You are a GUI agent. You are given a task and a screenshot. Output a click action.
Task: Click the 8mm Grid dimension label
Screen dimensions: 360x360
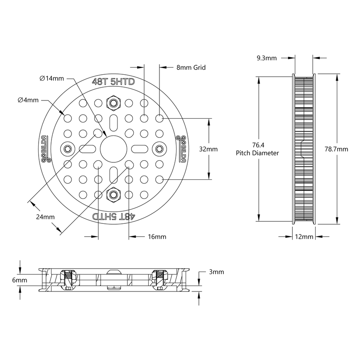(191, 67)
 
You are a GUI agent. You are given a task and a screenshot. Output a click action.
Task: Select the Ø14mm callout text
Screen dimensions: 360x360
(52, 78)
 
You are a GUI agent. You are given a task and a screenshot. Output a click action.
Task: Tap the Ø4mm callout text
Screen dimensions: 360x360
(28, 100)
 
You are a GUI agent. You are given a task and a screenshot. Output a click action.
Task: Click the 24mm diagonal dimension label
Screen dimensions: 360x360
(45, 217)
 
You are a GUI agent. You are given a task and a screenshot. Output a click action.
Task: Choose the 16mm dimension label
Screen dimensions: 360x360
(157, 237)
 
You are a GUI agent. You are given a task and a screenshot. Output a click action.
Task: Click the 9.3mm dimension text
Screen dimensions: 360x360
(266, 58)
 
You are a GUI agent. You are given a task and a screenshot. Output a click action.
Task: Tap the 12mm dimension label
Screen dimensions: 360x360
(304, 237)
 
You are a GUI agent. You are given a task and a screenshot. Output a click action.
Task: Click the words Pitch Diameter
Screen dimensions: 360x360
(257, 153)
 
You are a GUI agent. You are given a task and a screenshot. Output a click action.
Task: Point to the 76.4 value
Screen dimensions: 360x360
(257, 145)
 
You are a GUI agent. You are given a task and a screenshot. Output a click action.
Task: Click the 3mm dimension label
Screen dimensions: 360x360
(216, 272)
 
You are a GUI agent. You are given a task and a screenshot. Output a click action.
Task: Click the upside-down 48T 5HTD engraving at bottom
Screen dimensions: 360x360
(113, 216)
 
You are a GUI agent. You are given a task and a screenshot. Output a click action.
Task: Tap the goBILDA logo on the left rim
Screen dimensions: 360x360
(44, 149)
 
